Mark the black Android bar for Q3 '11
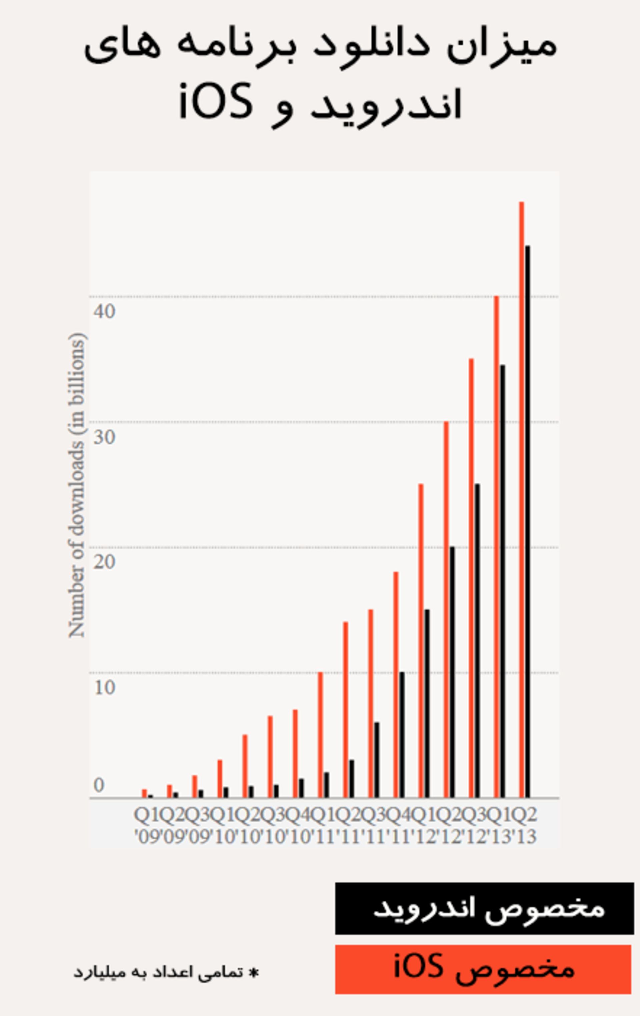(377, 759)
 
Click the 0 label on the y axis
(99, 785)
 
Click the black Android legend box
(484, 908)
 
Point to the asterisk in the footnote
(254, 973)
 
